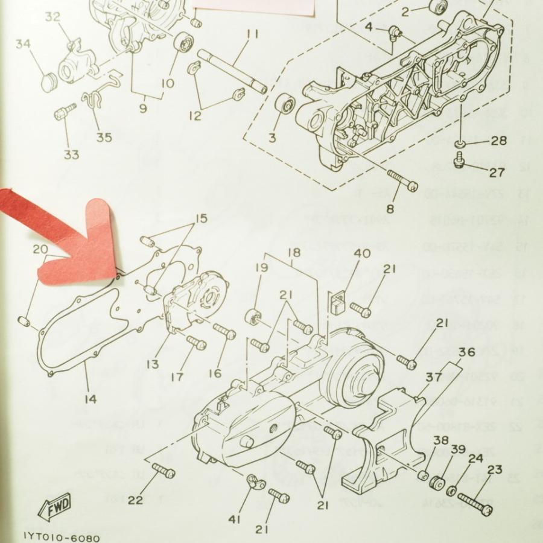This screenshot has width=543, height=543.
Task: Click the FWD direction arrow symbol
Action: point(56,506)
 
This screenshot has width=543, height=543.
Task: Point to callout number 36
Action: point(466,352)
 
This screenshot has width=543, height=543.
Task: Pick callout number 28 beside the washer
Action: point(498,141)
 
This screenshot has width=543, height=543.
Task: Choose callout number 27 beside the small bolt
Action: point(497,173)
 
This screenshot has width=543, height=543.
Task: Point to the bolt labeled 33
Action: point(65,112)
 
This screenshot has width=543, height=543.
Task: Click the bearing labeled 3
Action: point(284,106)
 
